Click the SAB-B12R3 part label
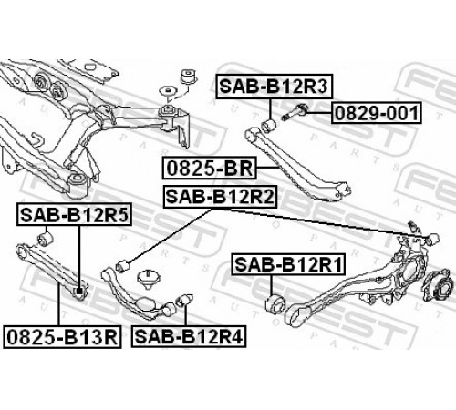[x=275, y=87]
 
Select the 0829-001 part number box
[x=377, y=113]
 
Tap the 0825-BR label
[x=210, y=168]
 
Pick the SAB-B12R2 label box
[x=221, y=197]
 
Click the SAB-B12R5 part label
[x=75, y=215]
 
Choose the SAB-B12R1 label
[x=289, y=264]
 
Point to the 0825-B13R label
[x=62, y=337]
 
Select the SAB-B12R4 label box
[x=189, y=336]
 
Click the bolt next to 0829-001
[x=295, y=112]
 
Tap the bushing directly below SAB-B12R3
[x=269, y=126]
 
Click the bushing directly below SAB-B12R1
[x=275, y=303]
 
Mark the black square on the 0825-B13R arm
[x=79, y=292]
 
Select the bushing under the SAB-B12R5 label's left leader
[x=46, y=239]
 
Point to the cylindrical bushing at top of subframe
[x=189, y=77]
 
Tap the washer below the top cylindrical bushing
[x=168, y=91]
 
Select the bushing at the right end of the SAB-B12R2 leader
[x=431, y=240]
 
